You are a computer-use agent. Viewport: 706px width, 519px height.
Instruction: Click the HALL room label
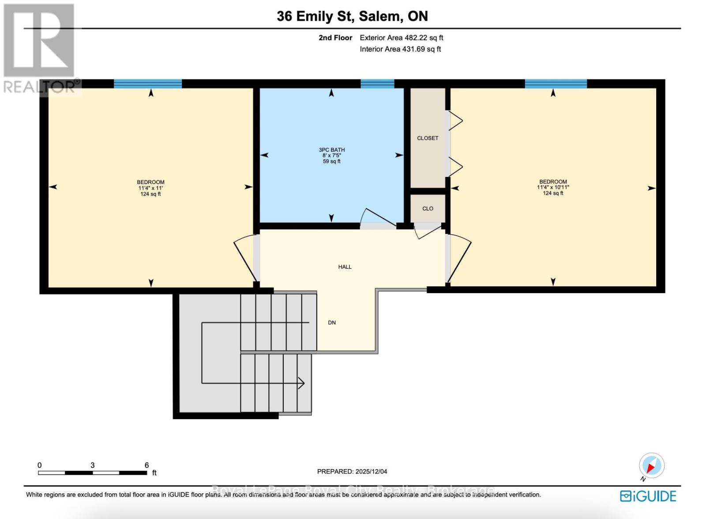tap(345, 267)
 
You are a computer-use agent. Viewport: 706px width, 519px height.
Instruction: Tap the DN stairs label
tap(332, 323)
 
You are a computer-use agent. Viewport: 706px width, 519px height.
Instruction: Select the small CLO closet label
tap(428, 208)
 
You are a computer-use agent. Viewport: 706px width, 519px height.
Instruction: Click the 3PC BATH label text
tap(332, 150)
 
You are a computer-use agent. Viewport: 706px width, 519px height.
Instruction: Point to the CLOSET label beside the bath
tap(428, 138)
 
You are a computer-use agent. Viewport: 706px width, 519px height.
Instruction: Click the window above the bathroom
tap(377, 84)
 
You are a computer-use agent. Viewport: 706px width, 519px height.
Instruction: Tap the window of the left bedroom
tap(148, 84)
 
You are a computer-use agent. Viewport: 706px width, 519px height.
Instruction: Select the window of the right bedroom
tap(556, 84)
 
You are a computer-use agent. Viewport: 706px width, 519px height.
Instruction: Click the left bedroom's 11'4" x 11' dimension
tap(150, 188)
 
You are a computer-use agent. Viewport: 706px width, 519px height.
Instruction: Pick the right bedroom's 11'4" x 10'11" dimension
tap(553, 187)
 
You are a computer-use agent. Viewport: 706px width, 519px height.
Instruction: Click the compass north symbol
tap(651, 465)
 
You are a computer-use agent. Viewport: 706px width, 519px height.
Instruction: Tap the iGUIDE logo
tap(648, 496)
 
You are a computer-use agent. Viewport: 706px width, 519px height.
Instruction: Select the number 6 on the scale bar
tap(146, 465)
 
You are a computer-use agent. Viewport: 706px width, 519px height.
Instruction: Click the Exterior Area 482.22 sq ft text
tap(401, 38)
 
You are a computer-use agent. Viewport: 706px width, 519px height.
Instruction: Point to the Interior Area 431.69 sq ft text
tap(400, 49)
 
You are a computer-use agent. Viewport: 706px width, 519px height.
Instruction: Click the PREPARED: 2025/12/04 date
tap(352, 471)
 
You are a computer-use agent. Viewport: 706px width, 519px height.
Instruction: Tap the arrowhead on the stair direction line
tap(301, 383)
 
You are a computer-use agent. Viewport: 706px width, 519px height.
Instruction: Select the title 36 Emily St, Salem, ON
tap(352, 16)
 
